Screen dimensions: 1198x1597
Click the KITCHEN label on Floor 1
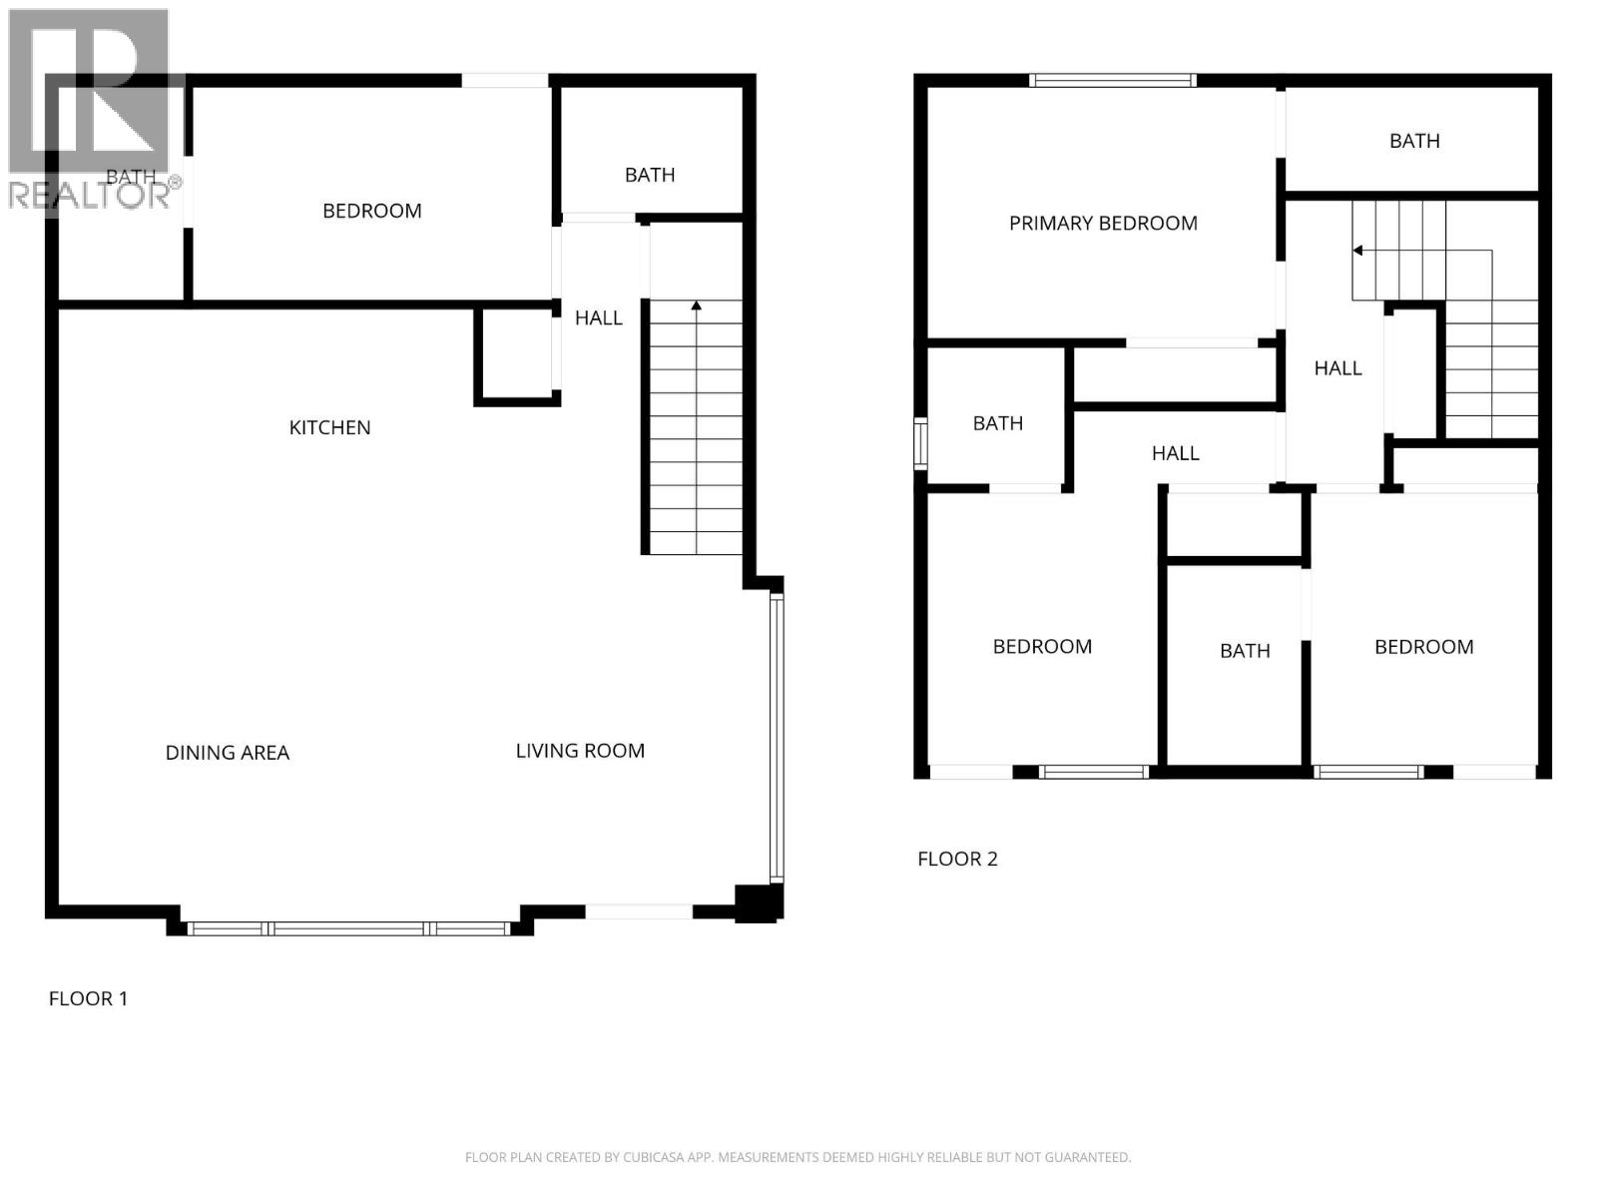coord(329,427)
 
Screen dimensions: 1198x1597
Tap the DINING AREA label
coord(228,753)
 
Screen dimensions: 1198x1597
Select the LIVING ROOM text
coord(580,751)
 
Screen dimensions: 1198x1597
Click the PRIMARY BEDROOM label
coord(1103,224)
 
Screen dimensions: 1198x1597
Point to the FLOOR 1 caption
coord(88,998)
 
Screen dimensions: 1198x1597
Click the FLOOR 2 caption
coord(957,859)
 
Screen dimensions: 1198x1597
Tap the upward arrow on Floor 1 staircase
coord(696,305)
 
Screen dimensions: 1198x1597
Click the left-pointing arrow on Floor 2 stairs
coord(1358,251)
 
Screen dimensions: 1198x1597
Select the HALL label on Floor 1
coord(598,317)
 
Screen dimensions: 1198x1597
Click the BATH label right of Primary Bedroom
coord(1414,141)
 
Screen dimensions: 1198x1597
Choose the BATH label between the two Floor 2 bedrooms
coord(1245,651)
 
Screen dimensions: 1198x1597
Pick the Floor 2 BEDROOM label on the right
coord(1423,647)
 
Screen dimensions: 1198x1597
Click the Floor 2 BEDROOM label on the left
coord(1042,647)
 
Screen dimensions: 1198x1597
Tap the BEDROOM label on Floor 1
coord(371,211)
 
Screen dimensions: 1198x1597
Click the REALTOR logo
coord(90,110)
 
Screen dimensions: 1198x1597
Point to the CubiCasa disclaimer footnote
coord(798,1158)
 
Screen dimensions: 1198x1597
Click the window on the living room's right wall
coord(777,739)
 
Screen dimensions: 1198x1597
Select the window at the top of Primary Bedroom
coord(1112,81)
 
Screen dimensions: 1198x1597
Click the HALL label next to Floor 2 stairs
coord(1337,368)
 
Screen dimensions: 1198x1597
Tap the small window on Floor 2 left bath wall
coord(920,444)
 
